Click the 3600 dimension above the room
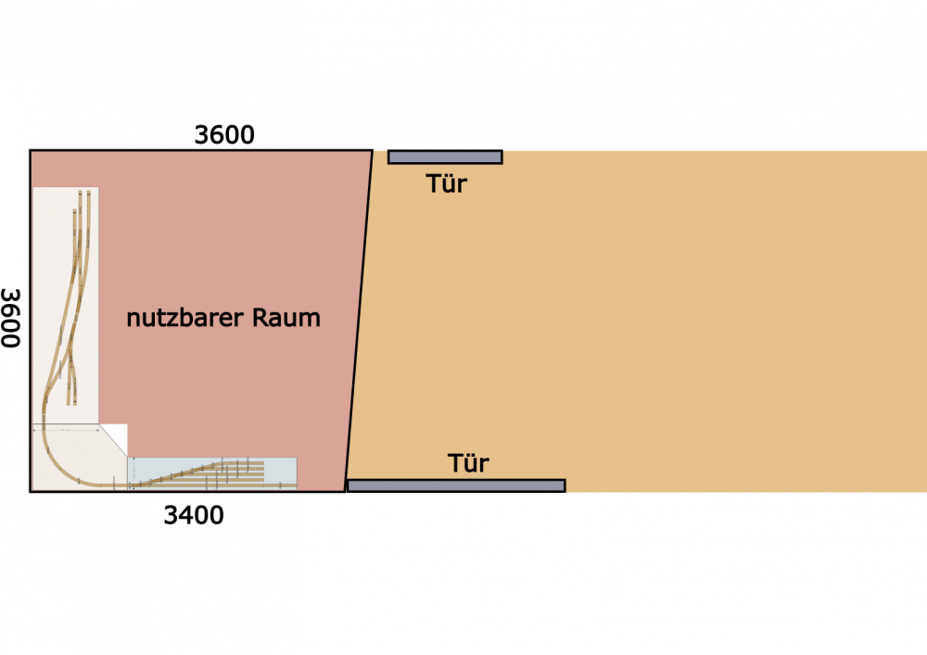coord(224,135)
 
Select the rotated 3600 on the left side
coord(10,318)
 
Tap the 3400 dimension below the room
coord(194,516)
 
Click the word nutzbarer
coord(185,318)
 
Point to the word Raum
coord(286,318)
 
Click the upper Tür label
coord(447,183)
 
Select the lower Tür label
coord(468,463)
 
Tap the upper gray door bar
coord(445,157)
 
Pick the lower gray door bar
coord(456,485)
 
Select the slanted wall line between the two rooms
coord(359,321)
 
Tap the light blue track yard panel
coord(212,473)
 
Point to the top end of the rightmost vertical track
coord(89,192)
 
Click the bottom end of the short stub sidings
coord(71,403)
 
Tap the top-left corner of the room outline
coord(31,151)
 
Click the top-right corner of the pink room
coord(373,151)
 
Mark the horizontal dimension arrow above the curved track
coord(66,431)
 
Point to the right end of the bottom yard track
coord(296,486)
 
